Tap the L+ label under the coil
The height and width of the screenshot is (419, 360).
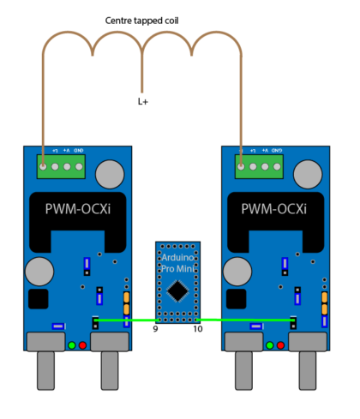(142, 101)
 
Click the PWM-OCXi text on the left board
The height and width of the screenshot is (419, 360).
(76, 209)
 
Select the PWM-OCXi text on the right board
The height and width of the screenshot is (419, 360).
(274, 209)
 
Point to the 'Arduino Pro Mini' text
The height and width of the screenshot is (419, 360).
(177, 262)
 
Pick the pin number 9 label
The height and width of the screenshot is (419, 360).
(156, 329)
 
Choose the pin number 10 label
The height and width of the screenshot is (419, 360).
(197, 329)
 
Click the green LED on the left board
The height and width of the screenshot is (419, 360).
(72, 345)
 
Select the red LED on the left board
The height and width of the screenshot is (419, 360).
(83, 345)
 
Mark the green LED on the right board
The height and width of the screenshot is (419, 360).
(270, 345)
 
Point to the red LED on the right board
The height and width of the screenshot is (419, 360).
(281, 345)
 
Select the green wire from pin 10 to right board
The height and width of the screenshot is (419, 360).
(249, 321)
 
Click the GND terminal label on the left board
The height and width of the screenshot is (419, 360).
(78, 151)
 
